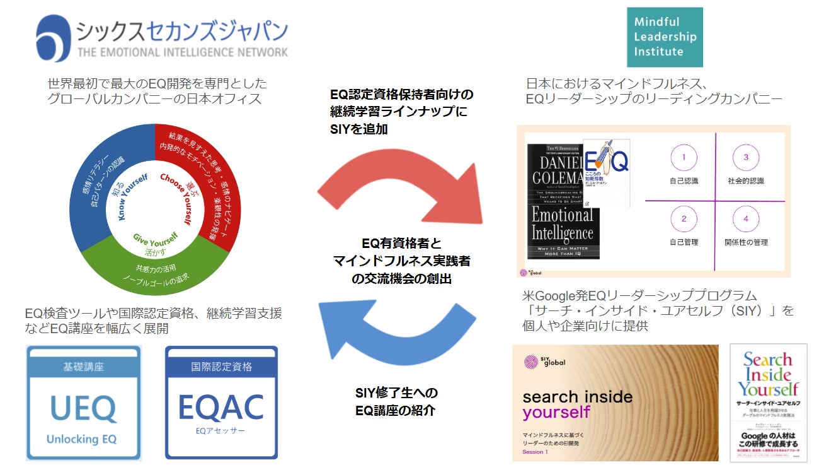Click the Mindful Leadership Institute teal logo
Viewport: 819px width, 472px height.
pyautogui.click(x=665, y=37)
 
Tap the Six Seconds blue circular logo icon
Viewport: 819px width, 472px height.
pyautogui.click(x=54, y=38)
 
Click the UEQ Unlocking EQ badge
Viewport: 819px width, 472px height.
pyautogui.click(x=83, y=402)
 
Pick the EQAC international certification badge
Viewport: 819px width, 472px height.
pyautogui.click(x=221, y=402)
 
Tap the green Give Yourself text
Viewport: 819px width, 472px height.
pyautogui.click(x=155, y=239)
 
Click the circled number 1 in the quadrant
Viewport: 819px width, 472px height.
pyautogui.click(x=684, y=157)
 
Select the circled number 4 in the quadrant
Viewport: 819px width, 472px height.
pyautogui.click(x=746, y=219)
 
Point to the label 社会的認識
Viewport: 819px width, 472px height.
pyautogui.click(x=746, y=181)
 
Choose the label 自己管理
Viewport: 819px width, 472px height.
pyautogui.click(x=684, y=242)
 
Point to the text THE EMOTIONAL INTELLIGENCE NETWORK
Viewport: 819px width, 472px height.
pyautogui.click(x=183, y=52)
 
